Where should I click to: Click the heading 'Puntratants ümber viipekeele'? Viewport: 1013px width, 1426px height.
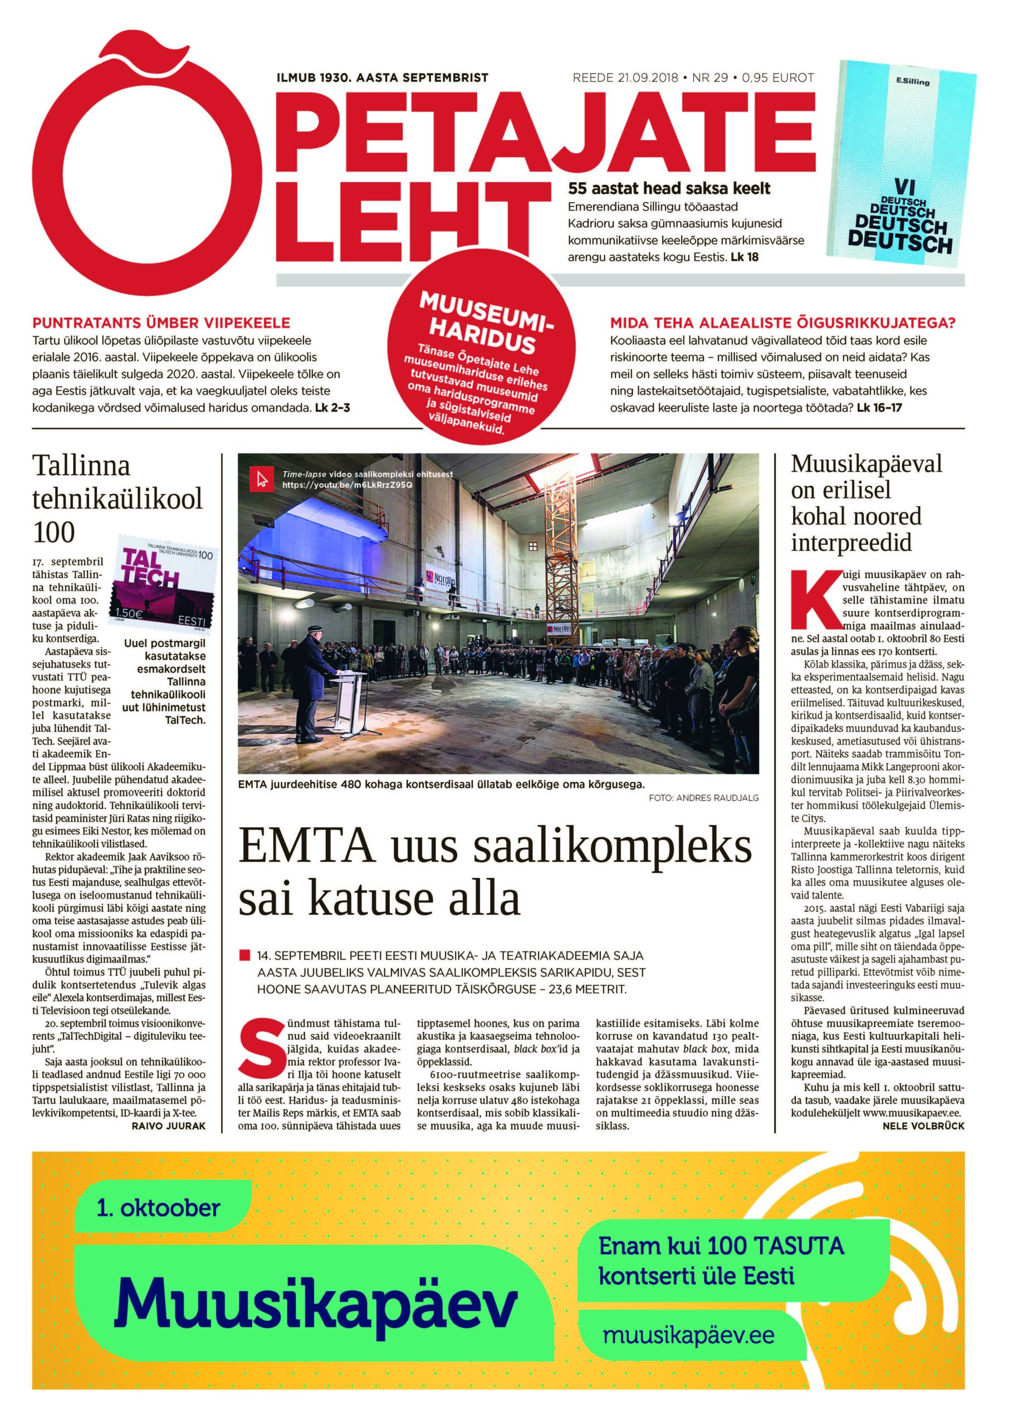click(x=161, y=323)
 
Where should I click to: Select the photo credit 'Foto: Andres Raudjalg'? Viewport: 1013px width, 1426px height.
click(x=703, y=798)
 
